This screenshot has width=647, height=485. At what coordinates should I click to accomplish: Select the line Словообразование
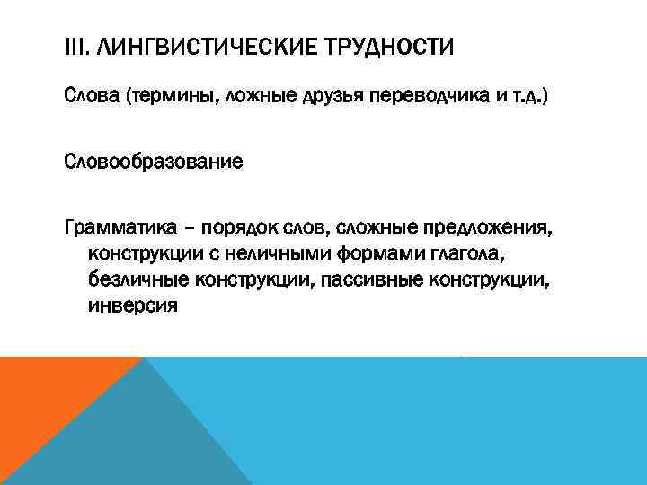click(x=154, y=163)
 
